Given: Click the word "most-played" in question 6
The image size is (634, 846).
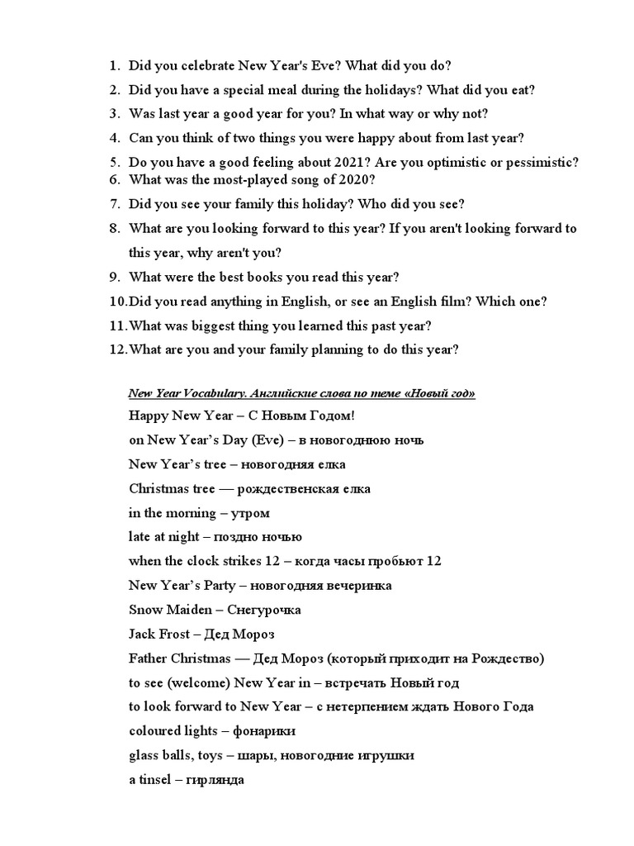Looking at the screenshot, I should click(253, 179).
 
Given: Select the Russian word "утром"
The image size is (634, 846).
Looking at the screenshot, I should click(253, 513).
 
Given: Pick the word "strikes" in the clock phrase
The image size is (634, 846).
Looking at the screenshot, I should click(231, 562).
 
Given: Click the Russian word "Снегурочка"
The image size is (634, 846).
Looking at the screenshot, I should click(263, 611).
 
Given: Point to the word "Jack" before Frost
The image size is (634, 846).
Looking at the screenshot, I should click(142, 634).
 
